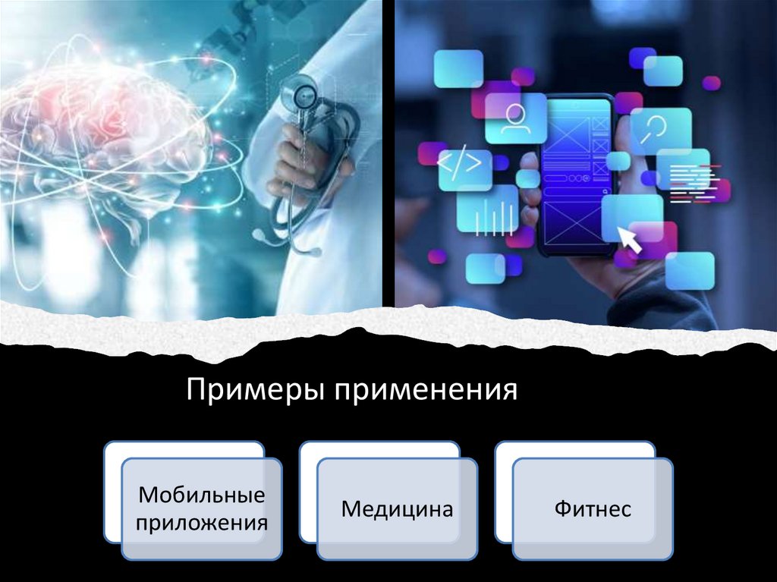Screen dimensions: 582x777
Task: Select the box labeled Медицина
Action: [397, 508]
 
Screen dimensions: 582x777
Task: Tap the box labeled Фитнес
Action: [593, 508]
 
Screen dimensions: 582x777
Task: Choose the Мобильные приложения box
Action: [202, 508]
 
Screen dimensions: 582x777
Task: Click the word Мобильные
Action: [202, 495]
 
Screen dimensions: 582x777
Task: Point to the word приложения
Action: [202, 523]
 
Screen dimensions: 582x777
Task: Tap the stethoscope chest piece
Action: [300, 97]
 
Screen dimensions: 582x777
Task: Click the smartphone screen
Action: [577, 175]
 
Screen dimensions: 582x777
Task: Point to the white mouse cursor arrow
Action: [631, 240]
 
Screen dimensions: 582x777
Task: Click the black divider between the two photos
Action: [388, 152]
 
